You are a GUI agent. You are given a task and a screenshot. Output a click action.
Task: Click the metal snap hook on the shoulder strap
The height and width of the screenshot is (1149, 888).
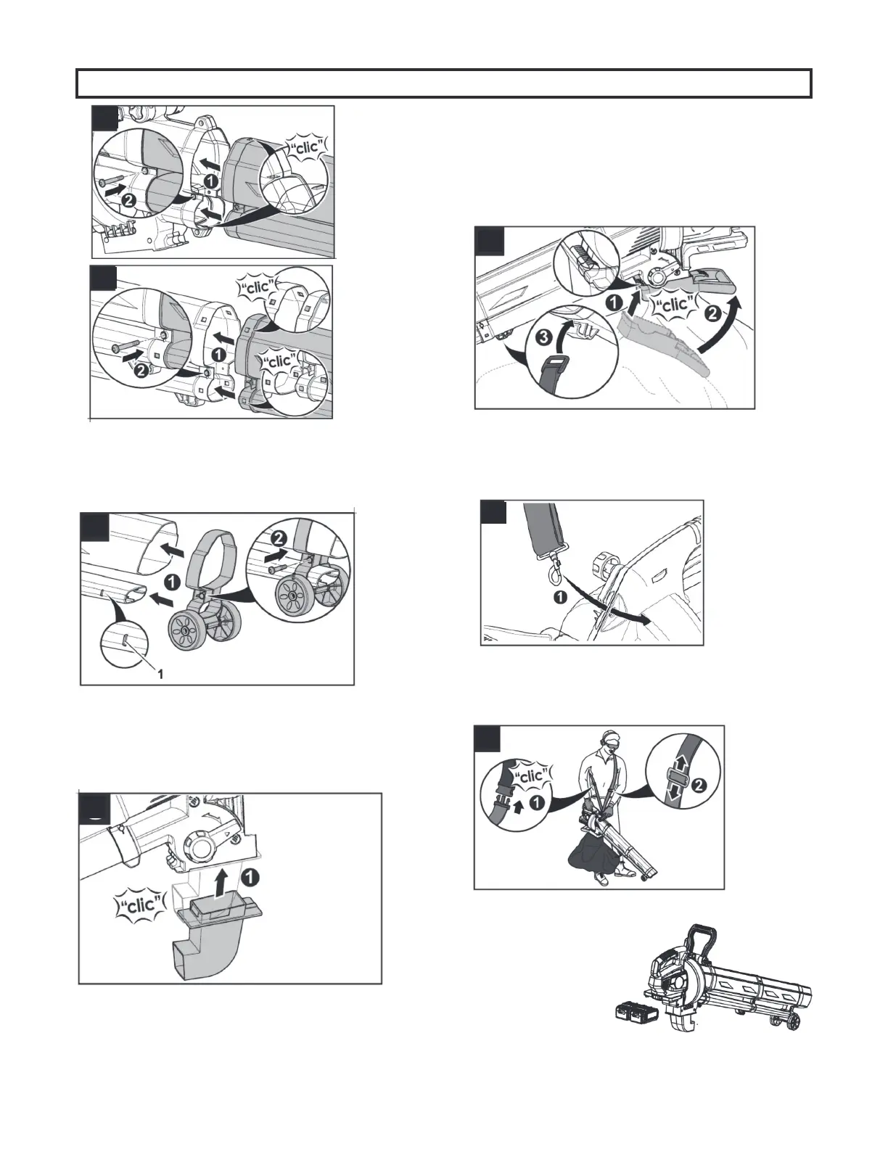(554, 569)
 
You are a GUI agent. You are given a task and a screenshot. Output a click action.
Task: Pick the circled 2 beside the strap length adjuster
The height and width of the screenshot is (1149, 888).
(698, 786)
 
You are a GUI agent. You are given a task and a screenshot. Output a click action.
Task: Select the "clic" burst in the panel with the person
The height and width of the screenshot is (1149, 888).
(529, 775)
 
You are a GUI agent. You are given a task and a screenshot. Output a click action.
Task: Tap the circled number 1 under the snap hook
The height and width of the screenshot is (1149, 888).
(560, 598)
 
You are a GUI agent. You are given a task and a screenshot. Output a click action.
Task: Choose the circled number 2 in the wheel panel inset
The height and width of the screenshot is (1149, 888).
(278, 539)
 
